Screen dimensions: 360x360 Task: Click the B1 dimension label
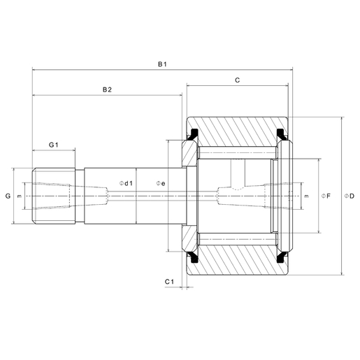point(161,64)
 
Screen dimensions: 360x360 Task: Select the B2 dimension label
point(107,89)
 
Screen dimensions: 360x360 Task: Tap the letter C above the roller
point(237,81)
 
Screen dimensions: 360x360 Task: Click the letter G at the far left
point(8,196)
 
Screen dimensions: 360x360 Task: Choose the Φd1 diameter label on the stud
point(127,183)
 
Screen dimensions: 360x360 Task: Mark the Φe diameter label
point(160,183)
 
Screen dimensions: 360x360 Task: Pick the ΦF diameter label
point(325,196)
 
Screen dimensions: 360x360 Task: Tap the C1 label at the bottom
point(169,281)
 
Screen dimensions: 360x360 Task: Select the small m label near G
point(20,196)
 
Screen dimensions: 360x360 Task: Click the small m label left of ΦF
point(306,196)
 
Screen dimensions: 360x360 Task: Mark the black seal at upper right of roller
point(282,131)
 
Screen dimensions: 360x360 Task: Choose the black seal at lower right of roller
point(282,261)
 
